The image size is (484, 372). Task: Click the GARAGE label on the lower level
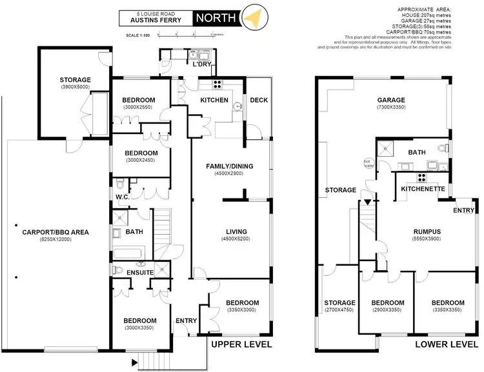[391, 100]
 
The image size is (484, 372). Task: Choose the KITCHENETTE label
[423, 189]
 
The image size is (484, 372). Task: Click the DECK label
[258, 100]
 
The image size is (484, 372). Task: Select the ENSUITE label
[139, 273]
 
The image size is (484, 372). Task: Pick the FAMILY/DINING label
[229, 166]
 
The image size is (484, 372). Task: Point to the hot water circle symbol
[368, 164]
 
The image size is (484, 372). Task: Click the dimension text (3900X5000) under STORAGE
[75, 86]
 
